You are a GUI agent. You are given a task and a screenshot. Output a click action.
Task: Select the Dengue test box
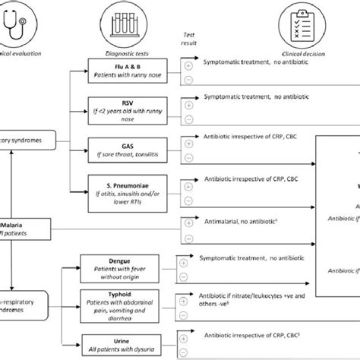click(114, 266)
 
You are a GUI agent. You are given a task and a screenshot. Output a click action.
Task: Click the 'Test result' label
click(185, 39)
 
